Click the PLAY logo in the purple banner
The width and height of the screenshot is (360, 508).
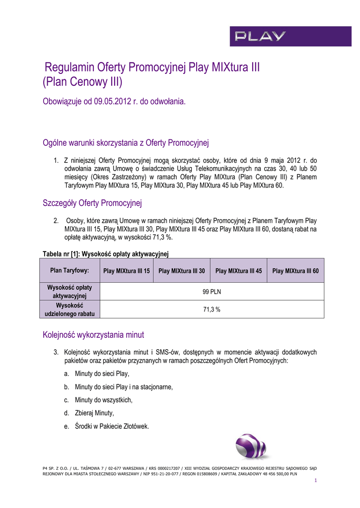click(x=260, y=36)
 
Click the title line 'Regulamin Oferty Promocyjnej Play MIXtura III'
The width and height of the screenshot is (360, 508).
click(x=152, y=67)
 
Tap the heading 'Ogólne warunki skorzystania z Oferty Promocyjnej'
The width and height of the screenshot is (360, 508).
click(x=127, y=143)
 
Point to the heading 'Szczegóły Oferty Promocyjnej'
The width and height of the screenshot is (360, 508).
click(x=93, y=203)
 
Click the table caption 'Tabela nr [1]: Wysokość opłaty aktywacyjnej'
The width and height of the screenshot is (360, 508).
click(x=106, y=254)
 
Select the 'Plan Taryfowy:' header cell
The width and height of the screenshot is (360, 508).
click(x=70, y=270)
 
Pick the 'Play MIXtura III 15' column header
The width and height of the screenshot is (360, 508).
click(x=126, y=271)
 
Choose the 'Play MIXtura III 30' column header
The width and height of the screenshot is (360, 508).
click(x=181, y=271)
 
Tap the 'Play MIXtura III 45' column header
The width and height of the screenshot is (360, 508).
click(x=238, y=271)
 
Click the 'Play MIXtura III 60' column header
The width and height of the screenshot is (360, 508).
click(x=295, y=271)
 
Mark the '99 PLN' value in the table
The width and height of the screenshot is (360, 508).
click(x=212, y=292)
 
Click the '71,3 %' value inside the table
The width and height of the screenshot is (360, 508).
click(x=212, y=309)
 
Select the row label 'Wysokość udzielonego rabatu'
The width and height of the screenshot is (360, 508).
click(x=70, y=310)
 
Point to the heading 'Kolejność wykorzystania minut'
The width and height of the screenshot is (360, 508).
click(x=93, y=335)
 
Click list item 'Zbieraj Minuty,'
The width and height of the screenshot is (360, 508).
click(x=94, y=413)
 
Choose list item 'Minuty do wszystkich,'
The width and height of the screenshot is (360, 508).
click(x=103, y=400)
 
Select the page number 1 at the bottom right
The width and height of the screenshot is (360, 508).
click(x=315, y=481)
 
